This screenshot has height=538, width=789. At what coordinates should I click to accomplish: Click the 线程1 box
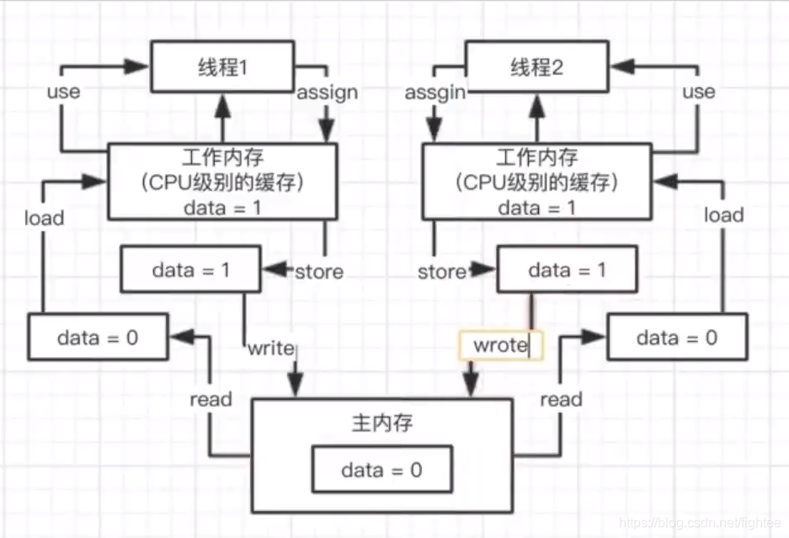pos(222,67)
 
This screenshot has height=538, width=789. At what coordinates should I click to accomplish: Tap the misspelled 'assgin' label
pos(435,92)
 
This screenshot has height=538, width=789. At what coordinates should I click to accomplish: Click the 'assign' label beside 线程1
pos(327,92)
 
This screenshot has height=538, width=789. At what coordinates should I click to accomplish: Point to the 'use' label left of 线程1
pos(63,91)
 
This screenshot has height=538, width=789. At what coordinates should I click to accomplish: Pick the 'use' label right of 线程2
pos(698,91)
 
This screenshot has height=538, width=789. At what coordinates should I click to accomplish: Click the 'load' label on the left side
pos(44,218)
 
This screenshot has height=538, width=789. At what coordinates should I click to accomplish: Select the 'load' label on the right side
pos(723,215)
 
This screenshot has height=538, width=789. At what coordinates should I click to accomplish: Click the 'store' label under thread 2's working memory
pos(442,271)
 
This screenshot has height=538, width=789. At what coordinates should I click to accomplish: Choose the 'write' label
pos(271,347)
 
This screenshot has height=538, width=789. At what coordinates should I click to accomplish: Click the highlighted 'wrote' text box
pos(501,345)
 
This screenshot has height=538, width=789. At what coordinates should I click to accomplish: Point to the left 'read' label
pos(211,398)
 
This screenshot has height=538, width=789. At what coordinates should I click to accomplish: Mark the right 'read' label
pos(561,398)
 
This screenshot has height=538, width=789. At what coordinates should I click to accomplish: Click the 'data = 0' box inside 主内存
pos(381,470)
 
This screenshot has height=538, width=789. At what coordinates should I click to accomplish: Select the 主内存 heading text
pos(381,423)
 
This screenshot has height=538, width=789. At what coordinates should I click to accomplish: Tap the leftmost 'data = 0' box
pos(98,338)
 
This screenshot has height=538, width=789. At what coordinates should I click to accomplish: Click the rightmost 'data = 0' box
pos(676,338)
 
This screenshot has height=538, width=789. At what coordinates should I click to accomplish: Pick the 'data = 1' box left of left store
pos(192,270)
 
